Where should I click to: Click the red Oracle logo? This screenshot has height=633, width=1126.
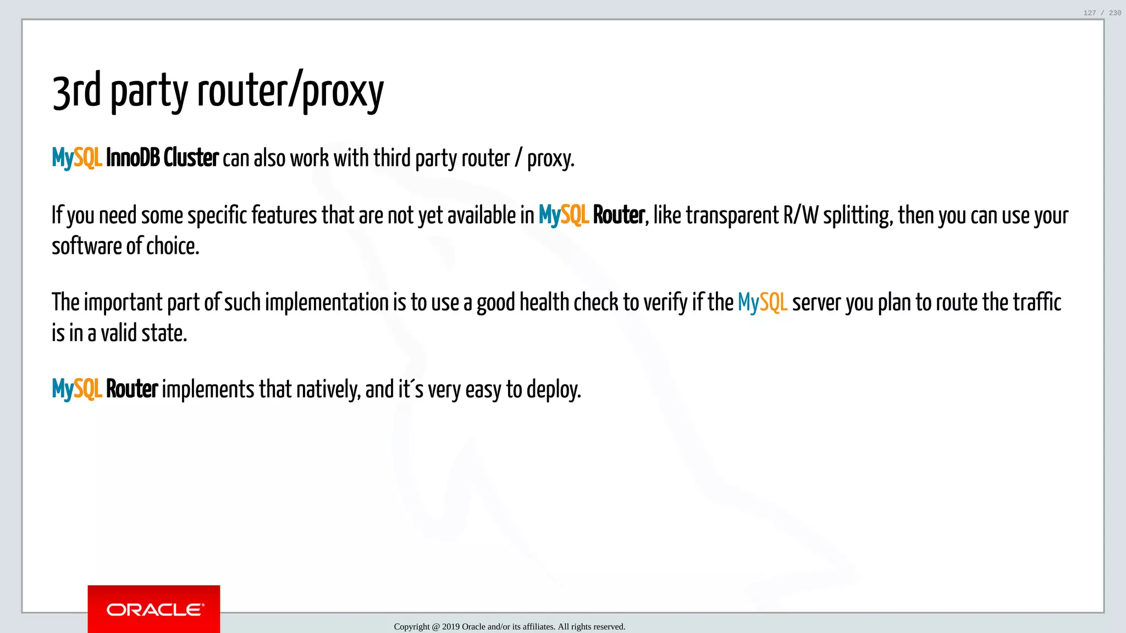(154, 609)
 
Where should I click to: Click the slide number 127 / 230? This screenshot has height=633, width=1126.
(1102, 13)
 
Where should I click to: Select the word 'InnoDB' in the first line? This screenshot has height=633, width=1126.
(133, 158)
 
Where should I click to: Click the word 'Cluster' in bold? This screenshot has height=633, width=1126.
(191, 158)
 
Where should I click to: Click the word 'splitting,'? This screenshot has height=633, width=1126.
(858, 215)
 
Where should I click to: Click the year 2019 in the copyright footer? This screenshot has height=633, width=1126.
(451, 626)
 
